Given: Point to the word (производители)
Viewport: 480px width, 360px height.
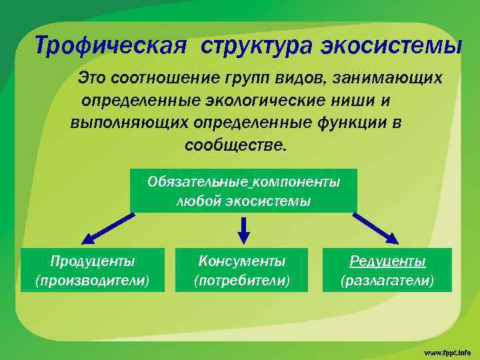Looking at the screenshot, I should [93, 280].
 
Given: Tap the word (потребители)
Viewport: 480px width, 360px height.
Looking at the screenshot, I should [242, 280].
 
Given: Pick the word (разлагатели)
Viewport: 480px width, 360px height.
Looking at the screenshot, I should [387, 280].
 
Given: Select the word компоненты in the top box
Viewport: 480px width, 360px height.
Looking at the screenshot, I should [295, 181].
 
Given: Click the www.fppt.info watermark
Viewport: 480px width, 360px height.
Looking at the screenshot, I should [447, 351].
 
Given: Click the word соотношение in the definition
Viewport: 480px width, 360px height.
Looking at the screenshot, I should [167, 79].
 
